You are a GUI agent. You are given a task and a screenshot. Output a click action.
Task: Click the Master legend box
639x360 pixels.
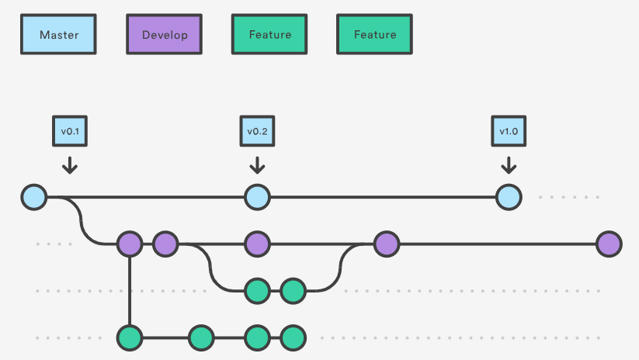59,34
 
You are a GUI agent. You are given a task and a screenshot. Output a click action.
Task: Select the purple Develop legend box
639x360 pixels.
164,34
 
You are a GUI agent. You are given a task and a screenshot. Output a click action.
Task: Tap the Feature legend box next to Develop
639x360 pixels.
269,34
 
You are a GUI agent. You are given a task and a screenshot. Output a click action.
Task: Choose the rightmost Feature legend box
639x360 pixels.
374,34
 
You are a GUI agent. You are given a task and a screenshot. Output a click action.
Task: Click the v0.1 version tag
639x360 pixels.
69,131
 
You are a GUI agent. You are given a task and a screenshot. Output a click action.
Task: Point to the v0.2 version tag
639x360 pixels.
257,131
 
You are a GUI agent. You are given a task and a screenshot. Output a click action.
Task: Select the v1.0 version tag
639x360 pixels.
508,131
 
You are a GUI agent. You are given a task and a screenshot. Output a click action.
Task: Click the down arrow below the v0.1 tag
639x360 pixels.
69,164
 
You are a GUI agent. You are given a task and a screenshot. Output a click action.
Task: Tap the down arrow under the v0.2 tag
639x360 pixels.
257,164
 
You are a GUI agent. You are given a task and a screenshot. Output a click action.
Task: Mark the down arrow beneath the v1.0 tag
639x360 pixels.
508,164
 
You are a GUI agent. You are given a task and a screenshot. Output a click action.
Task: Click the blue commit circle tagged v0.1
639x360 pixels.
34,197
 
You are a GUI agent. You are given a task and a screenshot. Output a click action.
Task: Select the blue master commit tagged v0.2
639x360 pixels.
257,197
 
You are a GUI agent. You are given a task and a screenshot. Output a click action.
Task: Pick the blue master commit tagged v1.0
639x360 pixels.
508,197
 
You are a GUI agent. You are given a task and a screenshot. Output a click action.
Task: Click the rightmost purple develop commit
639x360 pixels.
609,244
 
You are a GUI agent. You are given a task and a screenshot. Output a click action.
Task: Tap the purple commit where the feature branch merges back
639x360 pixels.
386,244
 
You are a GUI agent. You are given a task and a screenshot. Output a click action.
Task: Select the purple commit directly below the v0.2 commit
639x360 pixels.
257,244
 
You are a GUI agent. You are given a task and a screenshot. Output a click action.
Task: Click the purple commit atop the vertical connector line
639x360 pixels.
130,244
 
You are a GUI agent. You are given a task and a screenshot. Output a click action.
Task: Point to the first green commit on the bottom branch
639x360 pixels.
130,337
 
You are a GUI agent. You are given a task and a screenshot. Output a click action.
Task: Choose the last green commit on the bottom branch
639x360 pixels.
293,337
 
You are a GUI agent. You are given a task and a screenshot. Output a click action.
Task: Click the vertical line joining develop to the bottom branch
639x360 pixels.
130,291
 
